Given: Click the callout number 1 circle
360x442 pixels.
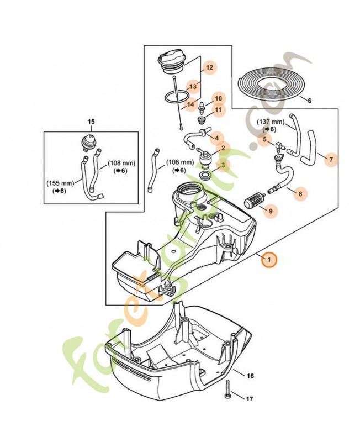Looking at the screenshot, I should [269, 259].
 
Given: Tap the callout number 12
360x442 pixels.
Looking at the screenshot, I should [209, 69].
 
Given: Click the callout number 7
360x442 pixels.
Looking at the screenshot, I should [331, 160].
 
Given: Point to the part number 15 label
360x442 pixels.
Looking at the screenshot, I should [91, 120].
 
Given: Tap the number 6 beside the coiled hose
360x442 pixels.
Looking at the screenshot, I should [309, 101].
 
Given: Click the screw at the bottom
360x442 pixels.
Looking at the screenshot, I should [229, 392].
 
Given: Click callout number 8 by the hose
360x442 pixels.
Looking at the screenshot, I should [301, 193].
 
